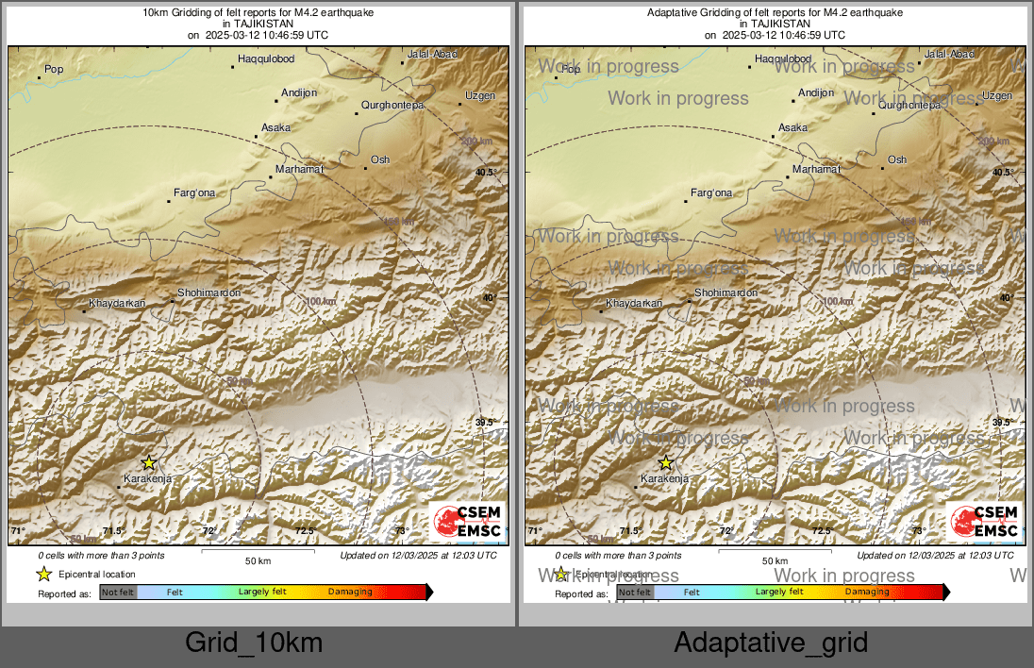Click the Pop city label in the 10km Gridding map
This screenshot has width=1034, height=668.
click(x=54, y=69)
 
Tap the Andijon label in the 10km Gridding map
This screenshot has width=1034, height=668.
click(x=299, y=92)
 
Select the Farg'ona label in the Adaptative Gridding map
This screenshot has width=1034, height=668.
click(x=711, y=193)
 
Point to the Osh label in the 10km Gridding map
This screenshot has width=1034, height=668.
click(x=380, y=159)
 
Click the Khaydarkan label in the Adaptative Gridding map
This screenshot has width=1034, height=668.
click(x=634, y=303)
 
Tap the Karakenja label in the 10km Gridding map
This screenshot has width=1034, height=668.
click(x=148, y=479)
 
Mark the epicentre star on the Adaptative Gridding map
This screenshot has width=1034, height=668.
click(x=666, y=462)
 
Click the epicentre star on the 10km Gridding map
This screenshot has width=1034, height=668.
click(x=149, y=462)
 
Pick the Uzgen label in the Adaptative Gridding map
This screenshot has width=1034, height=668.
click(x=997, y=96)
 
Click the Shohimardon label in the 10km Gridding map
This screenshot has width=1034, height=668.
click(x=208, y=292)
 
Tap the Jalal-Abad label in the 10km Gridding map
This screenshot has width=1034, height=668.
click(x=431, y=54)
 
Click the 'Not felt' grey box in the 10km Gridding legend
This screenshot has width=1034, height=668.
click(x=119, y=593)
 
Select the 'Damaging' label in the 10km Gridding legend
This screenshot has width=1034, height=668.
click(x=350, y=593)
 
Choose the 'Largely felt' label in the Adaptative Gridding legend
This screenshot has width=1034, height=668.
click(x=779, y=592)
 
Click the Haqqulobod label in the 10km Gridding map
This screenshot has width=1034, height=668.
click(x=266, y=59)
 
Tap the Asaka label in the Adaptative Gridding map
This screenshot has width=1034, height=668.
click(x=792, y=127)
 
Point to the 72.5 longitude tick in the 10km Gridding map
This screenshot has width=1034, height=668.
click(x=304, y=531)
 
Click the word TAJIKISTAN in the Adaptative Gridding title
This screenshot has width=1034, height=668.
click(x=774, y=25)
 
